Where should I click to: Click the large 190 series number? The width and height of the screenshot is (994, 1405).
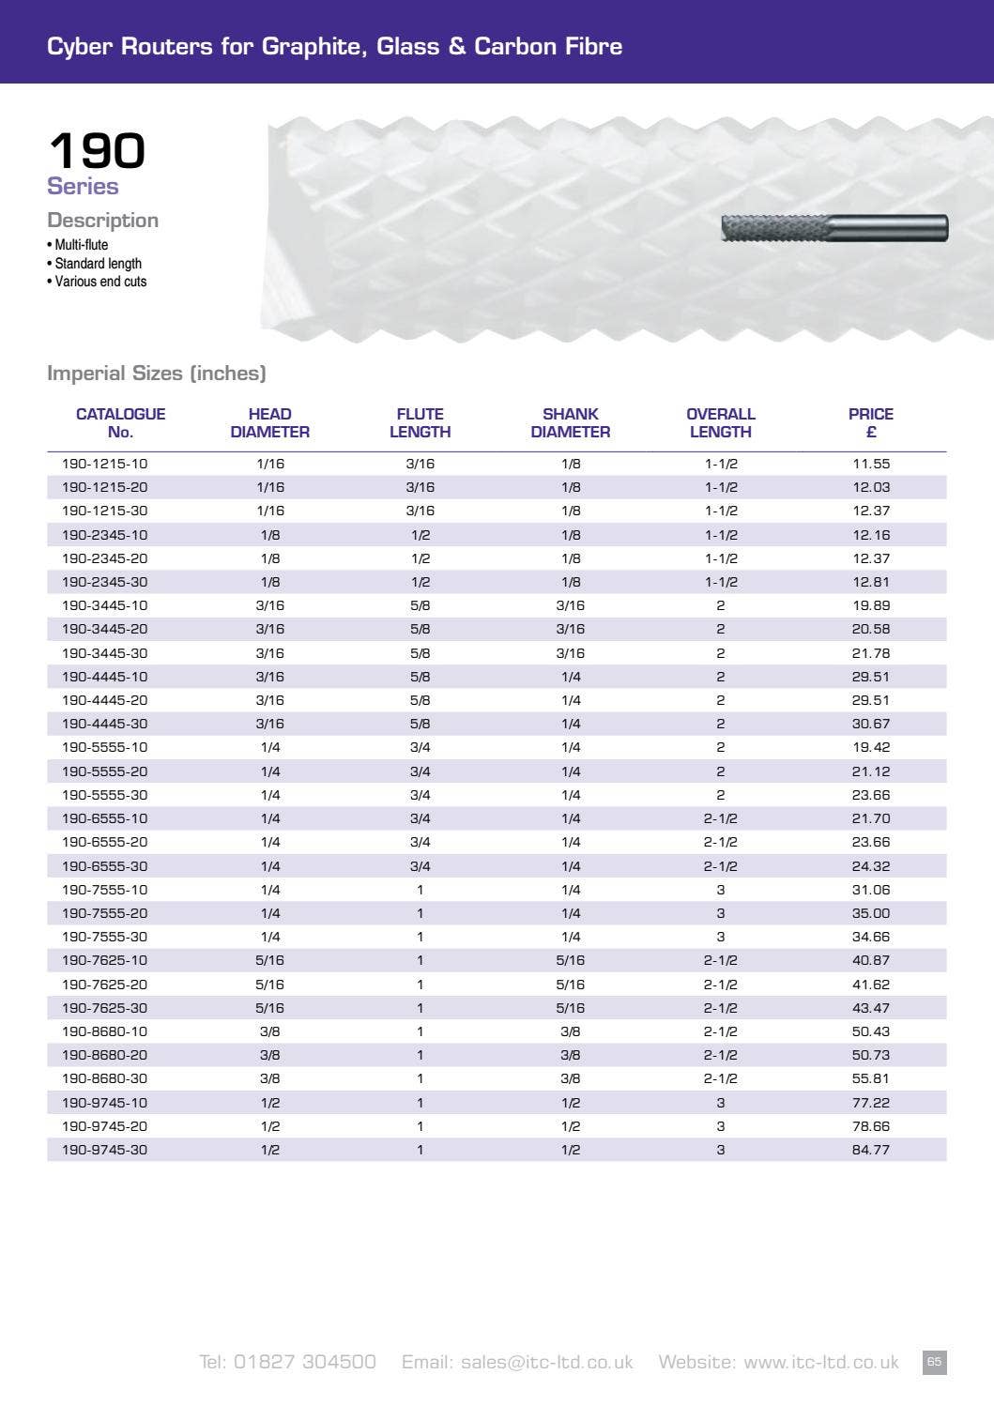[x=97, y=150]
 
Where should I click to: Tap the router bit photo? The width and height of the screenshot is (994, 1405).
[x=834, y=228]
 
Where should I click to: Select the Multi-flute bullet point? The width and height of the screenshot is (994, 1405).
[x=81, y=245]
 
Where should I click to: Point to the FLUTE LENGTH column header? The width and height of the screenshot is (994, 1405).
[x=420, y=423]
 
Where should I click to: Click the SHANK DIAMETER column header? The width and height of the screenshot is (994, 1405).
[x=570, y=423]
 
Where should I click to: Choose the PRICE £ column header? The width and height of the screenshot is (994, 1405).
[x=870, y=423]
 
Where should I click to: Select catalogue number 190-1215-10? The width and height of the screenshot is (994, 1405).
[x=104, y=464]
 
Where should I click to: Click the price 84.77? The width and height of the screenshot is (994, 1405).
[x=870, y=1150]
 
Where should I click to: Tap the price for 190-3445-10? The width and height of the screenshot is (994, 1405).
[x=870, y=605]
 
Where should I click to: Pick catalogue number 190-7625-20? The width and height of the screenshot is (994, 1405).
[x=104, y=985]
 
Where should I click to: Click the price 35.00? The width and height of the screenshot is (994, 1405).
[x=870, y=913]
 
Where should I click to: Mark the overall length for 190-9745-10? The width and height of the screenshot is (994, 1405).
[x=720, y=1103]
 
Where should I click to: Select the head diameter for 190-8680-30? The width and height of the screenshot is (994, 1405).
[x=269, y=1078]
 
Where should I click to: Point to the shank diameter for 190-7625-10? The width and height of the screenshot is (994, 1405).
[x=570, y=960]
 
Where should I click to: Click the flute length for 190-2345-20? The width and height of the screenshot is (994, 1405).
[x=420, y=558]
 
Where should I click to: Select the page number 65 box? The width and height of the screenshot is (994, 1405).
[x=934, y=1362]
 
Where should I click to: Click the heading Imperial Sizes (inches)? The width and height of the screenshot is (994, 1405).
[x=157, y=374]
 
